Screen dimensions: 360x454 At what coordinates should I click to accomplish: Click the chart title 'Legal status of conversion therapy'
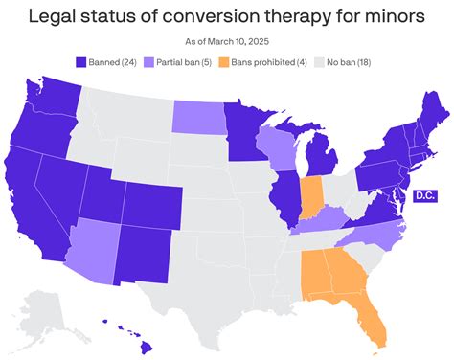click(x=227, y=16)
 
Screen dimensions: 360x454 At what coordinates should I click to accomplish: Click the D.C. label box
click(x=423, y=195)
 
